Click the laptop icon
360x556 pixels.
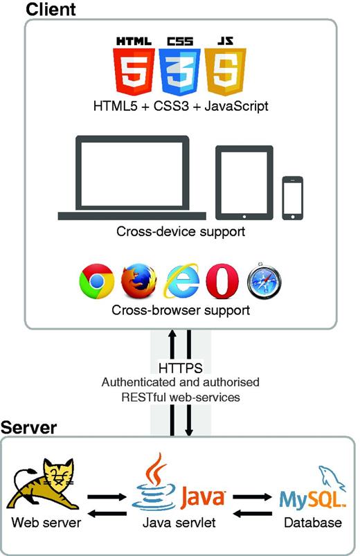tap(133, 177)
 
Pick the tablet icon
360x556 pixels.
tap(243, 181)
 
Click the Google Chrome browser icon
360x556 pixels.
tap(96, 281)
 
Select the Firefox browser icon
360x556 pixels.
tap(138, 281)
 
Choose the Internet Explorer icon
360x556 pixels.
tap(181, 281)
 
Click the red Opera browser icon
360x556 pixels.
tap(224, 281)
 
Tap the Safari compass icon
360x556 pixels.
tap(265, 281)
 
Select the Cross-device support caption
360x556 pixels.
tap(181, 231)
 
